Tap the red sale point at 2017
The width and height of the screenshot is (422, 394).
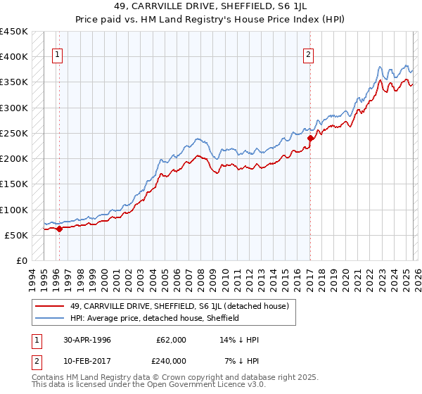coord(310,139)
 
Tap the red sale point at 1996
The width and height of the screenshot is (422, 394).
coord(60,229)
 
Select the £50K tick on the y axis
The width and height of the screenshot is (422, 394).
coord(15,235)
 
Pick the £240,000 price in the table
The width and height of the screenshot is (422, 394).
coord(172,361)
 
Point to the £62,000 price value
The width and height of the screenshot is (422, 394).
coord(172,340)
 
